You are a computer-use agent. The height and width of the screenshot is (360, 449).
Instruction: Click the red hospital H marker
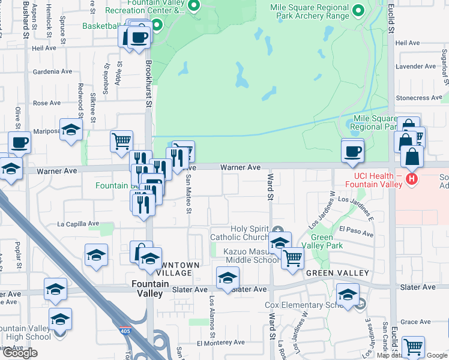tap(412, 178)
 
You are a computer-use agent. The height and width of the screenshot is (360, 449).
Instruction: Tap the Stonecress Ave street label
tap(419, 98)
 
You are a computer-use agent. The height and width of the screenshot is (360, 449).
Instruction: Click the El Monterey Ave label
tap(220, 342)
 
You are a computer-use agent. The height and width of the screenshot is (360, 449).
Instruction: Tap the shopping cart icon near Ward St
tap(292, 257)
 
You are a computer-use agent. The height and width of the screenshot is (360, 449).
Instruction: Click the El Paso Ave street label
tap(352, 229)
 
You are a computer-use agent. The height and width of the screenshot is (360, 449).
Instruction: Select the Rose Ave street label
tap(47, 103)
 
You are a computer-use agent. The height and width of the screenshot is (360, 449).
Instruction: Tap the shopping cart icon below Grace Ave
tap(413, 347)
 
